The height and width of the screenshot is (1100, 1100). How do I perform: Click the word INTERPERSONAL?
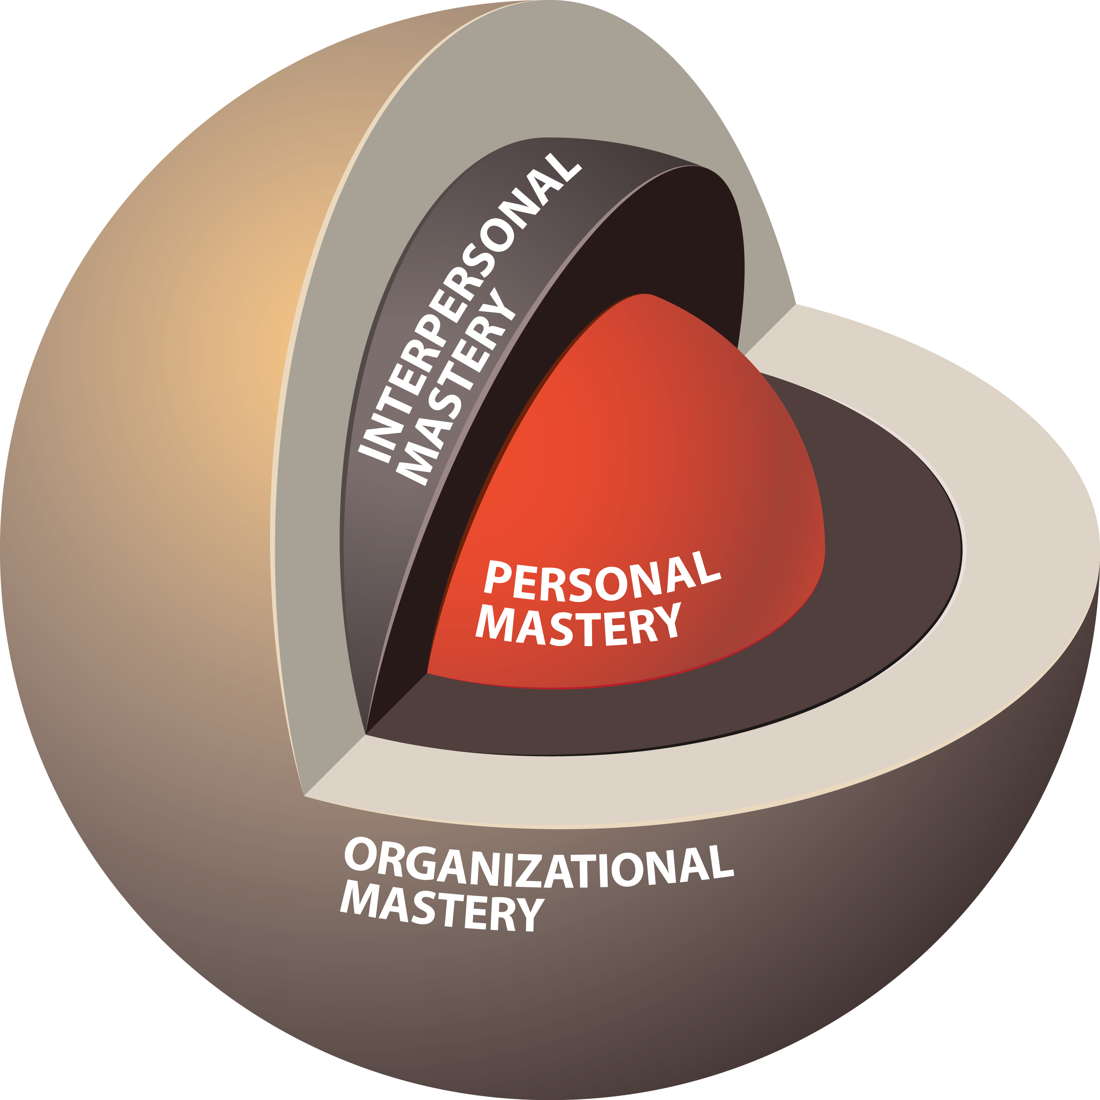coord(470,307)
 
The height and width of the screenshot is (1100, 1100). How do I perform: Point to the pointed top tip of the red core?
coord(645,294)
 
